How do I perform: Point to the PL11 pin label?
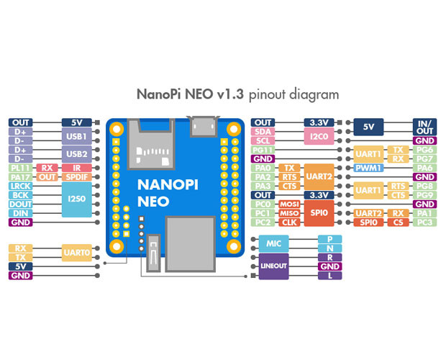click(19, 168)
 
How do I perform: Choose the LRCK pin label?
click(19, 186)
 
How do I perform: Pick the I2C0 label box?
click(319, 136)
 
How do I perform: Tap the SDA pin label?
click(263, 132)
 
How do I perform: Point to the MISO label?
click(289, 213)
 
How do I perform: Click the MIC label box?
click(273, 244)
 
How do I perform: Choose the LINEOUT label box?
click(273, 266)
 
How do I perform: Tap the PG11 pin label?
click(263, 150)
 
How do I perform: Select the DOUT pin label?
click(19, 204)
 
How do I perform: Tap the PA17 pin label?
click(19, 177)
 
